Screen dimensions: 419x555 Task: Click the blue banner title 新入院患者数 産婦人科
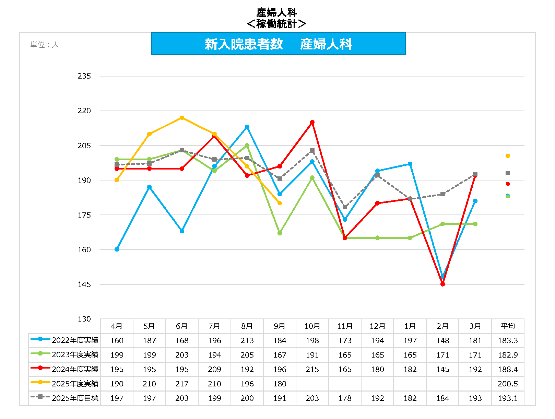(x=278, y=44)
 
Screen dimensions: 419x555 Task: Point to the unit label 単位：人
(x=44, y=45)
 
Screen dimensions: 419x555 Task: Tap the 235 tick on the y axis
(x=84, y=76)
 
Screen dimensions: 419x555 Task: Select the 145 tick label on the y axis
(x=84, y=284)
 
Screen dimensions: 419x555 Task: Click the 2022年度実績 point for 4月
(x=117, y=249)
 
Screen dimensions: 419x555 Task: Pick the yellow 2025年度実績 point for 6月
(x=182, y=118)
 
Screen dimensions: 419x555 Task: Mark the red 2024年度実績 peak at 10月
(x=312, y=122)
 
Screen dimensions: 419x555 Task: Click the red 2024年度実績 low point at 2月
(x=442, y=284)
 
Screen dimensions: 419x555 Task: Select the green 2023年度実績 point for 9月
(x=280, y=233)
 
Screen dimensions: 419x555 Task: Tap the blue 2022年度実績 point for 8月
(x=247, y=127)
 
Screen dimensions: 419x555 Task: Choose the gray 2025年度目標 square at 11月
(x=345, y=207)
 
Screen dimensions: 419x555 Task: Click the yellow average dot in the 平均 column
(x=508, y=156)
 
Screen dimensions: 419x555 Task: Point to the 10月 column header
(x=312, y=326)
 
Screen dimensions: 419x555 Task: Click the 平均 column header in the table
(x=508, y=326)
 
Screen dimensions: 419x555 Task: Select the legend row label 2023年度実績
(x=75, y=355)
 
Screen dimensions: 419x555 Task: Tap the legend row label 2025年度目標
(x=75, y=398)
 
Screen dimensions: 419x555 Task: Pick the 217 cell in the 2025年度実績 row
(x=182, y=384)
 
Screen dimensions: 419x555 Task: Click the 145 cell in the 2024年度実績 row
(x=442, y=369)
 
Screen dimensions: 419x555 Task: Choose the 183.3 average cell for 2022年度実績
(x=508, y=340)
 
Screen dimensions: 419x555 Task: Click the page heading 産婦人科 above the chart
(x=276, y=13)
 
